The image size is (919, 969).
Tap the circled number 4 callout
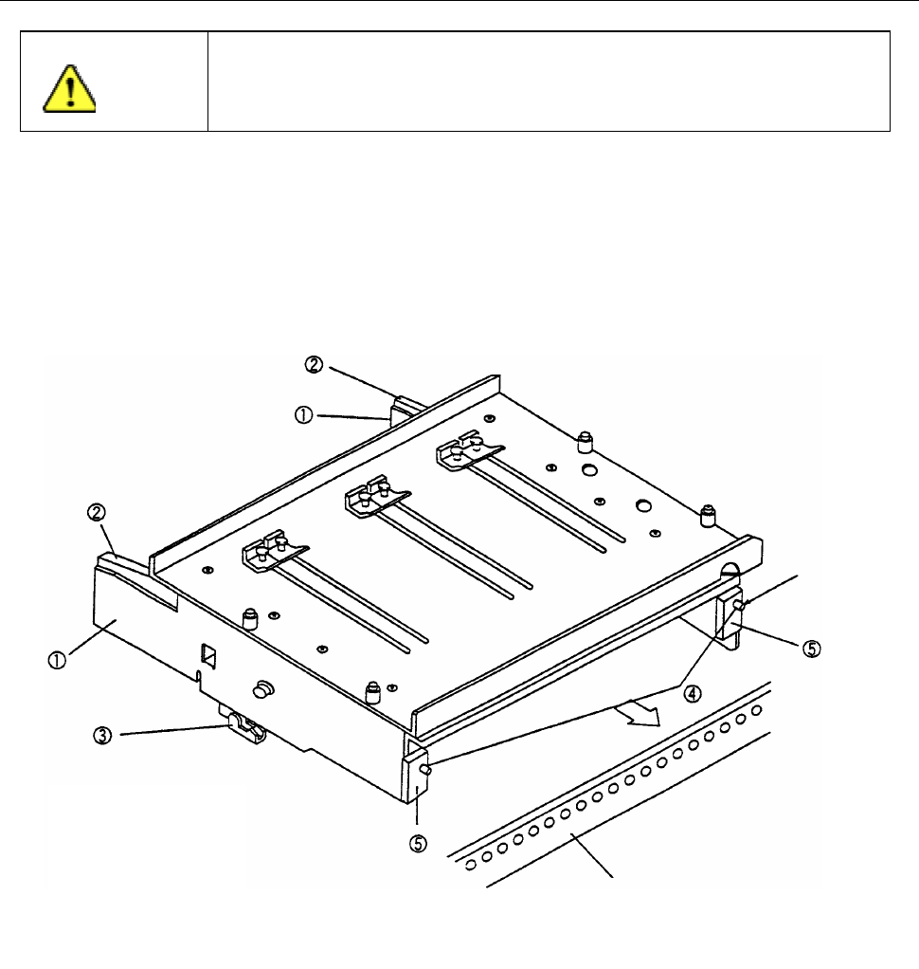click(x=694, y=693)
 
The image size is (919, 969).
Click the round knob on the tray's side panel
click(x=264, y=686)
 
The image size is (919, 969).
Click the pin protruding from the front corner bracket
click(x=428, y=772)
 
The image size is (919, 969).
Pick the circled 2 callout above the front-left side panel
click(x=97, y=513)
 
